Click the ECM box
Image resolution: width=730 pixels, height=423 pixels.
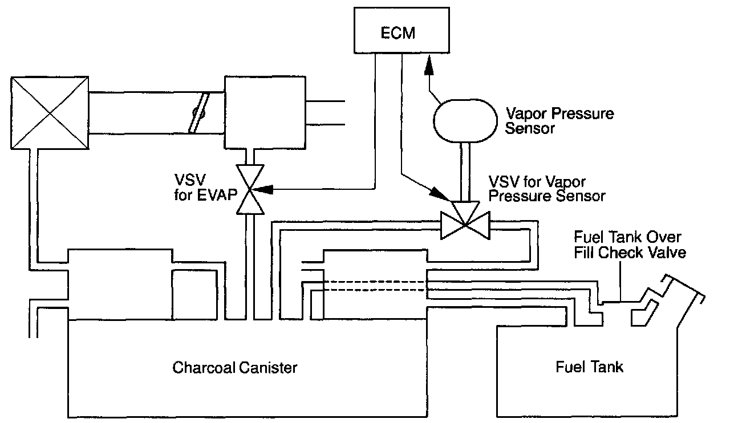[x=401, y=30]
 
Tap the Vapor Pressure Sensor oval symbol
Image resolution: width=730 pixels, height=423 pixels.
[x=465, y=121]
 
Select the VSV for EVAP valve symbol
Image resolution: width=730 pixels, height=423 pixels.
[x=250, y=189]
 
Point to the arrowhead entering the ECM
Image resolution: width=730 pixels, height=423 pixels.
[x=429, y=66]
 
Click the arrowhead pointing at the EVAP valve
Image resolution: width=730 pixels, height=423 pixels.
[x=263, y=189]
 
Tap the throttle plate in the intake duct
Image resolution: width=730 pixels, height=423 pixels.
[x=199, y=113]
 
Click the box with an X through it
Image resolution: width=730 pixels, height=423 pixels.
[x=50, y=113]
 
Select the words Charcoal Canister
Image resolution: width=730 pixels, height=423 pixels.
[x=234, y=368]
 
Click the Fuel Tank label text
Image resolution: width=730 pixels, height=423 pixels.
[x=589, y=367]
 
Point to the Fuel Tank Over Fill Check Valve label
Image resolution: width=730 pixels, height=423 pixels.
[x=630, y=245]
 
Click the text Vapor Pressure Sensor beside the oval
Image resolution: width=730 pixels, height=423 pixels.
[x=559, y=121]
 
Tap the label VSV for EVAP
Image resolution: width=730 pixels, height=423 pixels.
[x=206, y=188]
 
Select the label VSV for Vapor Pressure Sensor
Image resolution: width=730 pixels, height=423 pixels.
[x=547, y=189]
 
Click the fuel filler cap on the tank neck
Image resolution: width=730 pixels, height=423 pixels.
[x=683, y=288]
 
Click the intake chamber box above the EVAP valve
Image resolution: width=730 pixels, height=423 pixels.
[x=265, y=112]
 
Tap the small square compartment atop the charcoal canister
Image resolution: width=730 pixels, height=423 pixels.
[x=194, y=295]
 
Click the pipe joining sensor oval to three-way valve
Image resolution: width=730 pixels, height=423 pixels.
[x=465, y=172]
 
